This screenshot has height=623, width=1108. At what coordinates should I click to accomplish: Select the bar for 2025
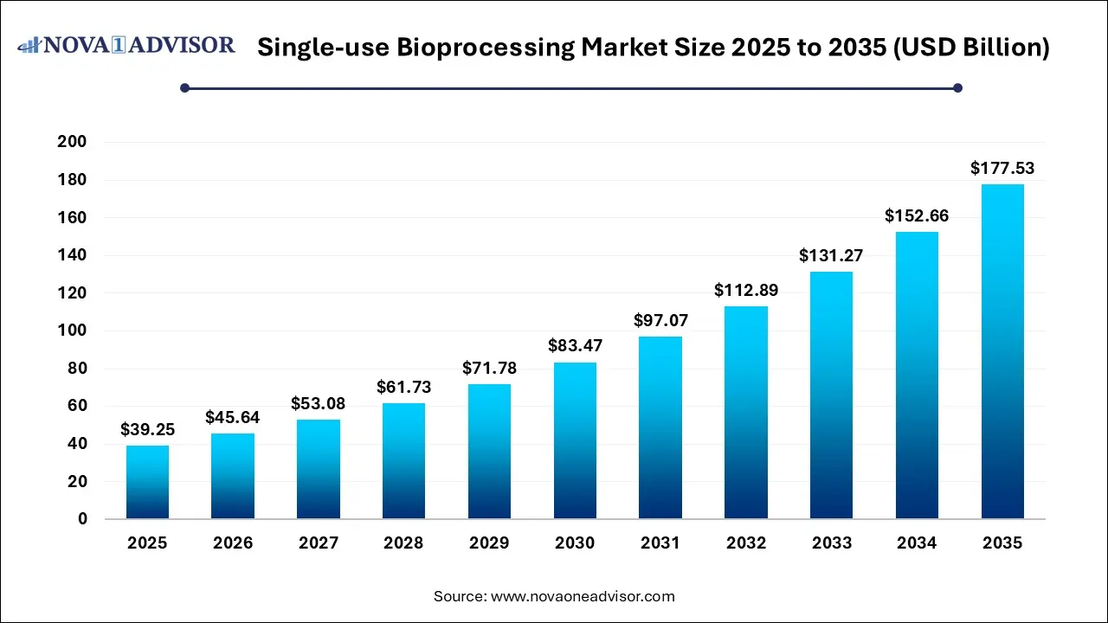pyautogui.click(x=147, y=482)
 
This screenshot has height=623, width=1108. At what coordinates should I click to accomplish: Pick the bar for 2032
pyautogui.click(x=746, y=413)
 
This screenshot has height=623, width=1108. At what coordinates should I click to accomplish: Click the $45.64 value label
pyautogui.click(x=232, y=418)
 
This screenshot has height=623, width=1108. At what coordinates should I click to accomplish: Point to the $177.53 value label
pyautogui.click(x=1002, y=168)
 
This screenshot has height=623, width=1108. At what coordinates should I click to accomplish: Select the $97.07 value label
pyautogui.click(x=660, y=321)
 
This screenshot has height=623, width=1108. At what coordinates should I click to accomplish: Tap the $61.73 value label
pyautogui.click(x=403, y=388)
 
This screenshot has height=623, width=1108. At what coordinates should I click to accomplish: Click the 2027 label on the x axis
pyautogui.click(x=319, y=543)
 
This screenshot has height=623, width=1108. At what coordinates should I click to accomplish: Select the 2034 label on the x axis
pyautogui.click(x=917, y=543)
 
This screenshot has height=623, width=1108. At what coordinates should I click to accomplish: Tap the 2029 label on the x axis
pyautogui.click(x=489, y=543)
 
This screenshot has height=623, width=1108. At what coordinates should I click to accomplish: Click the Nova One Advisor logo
pyautogui.click(x=126, y=45)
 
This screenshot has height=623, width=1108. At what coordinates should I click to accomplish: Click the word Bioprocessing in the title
pyautogui.click(x=486, y=48)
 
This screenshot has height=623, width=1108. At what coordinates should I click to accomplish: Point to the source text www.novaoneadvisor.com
pyautogui.click(x=583, y=596)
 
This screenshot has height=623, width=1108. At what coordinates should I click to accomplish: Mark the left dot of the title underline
pyautogui.click(x=184, y=87)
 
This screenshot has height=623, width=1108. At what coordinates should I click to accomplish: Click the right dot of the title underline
pyautogui.click(x=957, y=87)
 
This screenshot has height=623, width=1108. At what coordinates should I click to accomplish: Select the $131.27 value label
pyautogui.click(x=831, y=255)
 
